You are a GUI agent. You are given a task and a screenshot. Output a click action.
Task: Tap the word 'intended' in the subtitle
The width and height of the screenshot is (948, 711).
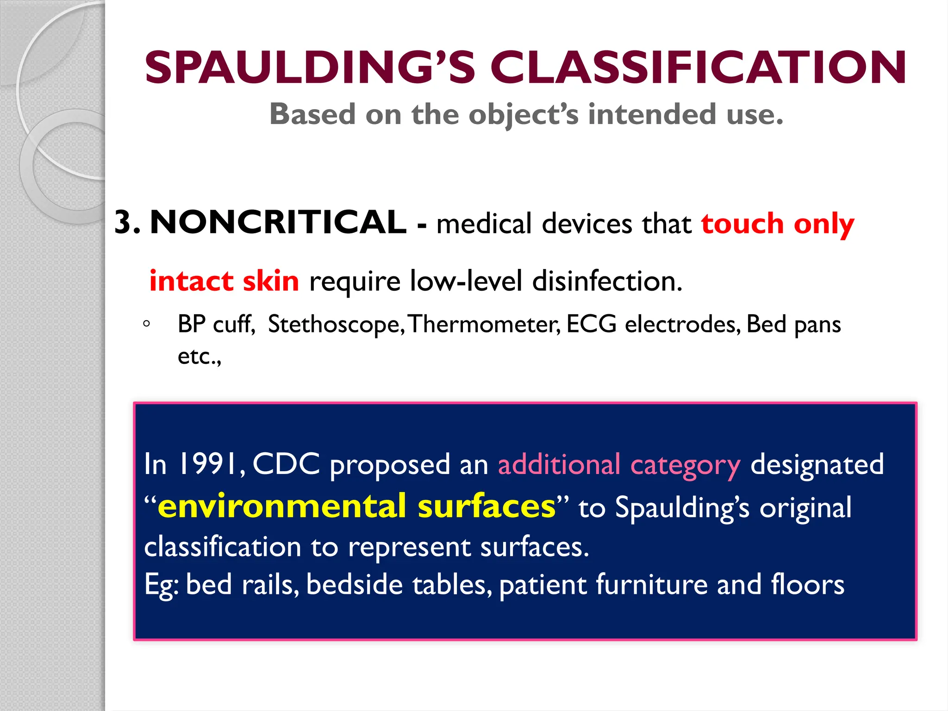[x=652, y=114]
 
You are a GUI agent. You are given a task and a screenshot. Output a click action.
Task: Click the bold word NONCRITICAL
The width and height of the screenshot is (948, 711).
[x=278, y=223]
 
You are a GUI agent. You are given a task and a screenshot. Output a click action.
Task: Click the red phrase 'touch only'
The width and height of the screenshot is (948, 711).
[x=777, y=224]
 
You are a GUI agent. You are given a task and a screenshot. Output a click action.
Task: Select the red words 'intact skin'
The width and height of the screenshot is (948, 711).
[x=224, y=281]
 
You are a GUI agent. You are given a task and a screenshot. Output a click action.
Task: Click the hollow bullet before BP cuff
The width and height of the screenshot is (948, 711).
[x=146, y=324]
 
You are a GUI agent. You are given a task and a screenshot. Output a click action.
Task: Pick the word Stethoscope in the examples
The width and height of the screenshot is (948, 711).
[x=333, y=324]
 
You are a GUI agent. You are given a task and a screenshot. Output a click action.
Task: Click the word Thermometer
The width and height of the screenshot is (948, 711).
[x=485, y=324]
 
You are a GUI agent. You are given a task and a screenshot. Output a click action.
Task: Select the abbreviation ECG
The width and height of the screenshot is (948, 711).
[x=591, y=324]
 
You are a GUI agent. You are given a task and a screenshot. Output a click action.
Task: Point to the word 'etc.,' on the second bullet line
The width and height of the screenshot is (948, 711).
[x=200, y=356]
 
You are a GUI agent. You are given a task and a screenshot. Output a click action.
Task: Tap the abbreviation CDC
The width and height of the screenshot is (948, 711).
[x=286, y=464]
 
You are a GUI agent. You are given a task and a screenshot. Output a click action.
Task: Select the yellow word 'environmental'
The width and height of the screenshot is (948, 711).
[x=282, y=506]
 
